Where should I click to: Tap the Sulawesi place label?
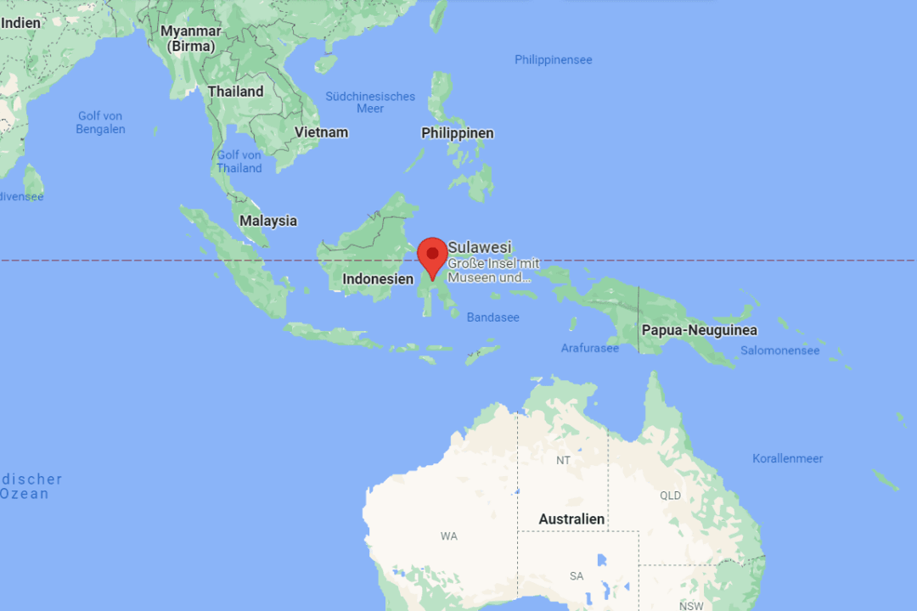coord(480,247)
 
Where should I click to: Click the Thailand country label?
coord(235,91)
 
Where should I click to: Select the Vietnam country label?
coord(321,132)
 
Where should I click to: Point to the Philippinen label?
coord(457,133)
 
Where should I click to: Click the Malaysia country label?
coord(268,221)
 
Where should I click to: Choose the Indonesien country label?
coord(378,278)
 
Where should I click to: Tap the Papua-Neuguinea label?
coord(700,330)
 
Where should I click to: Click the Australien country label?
coord(571,519)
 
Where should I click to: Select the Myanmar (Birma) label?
coord(191,38)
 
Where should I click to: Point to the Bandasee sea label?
coord(492,317)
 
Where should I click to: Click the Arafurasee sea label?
coord(589,348)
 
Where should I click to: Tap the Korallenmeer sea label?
coord(787,458)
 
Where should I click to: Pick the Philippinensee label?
coord(553,59)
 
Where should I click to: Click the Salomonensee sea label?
coord(779,350)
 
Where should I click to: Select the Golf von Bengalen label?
coord(100,122)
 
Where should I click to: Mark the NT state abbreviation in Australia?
coord(563,460)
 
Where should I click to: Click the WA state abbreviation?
coord(448,535)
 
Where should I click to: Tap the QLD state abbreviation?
coord(670,495)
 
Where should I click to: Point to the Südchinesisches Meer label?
coord(370,102)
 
